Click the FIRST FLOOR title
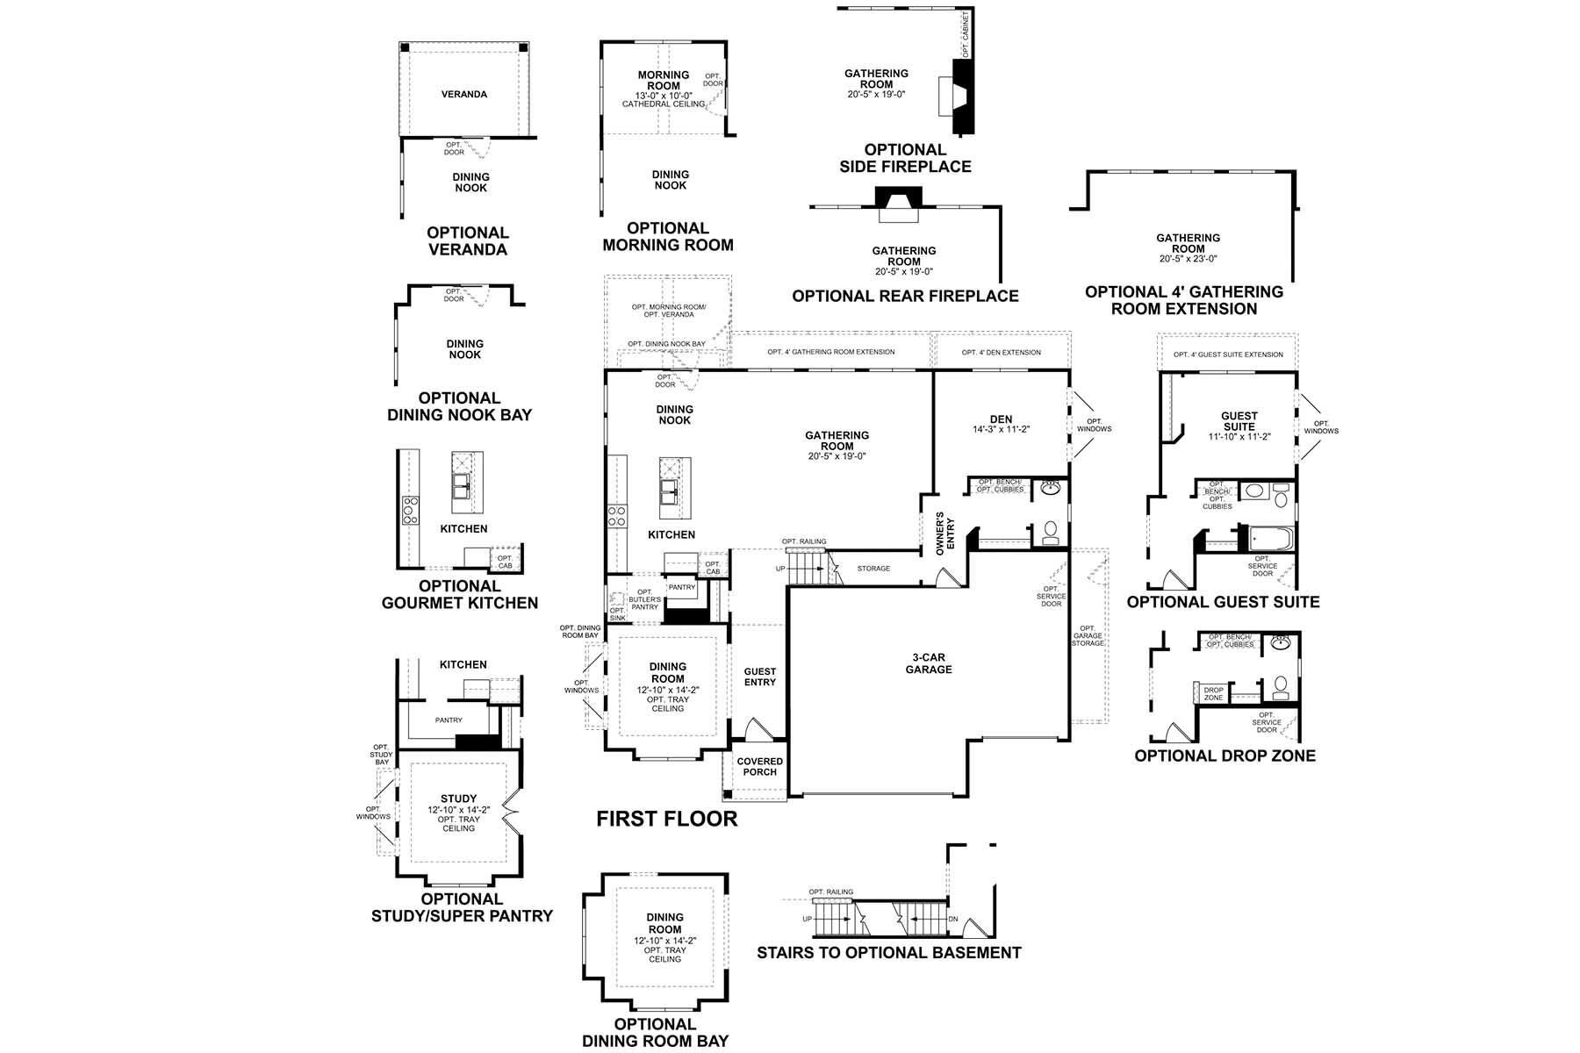click(667, 819)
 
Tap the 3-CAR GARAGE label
click(929, 663)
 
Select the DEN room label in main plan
click(1001, 419)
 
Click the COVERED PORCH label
click(759, 766)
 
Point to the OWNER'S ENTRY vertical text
click(944, 533)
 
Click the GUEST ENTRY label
click(760, 677)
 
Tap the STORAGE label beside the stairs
click(873, 569)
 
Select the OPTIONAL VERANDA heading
click(467, 240)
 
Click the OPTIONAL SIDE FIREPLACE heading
click(905, 158)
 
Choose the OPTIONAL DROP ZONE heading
click(1224, 756)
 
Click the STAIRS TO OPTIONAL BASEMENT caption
click(889, 952)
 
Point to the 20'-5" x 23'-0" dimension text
click(1188, 259)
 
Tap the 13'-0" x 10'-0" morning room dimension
click(664, 95)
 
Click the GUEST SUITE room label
click(1239, 421)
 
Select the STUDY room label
click(458, 799)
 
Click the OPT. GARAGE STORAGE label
click(1088, 635)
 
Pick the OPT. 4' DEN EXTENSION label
click(1001, 352)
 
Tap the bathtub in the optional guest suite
click(1270, 538)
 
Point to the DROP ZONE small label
click(1213, 693)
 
